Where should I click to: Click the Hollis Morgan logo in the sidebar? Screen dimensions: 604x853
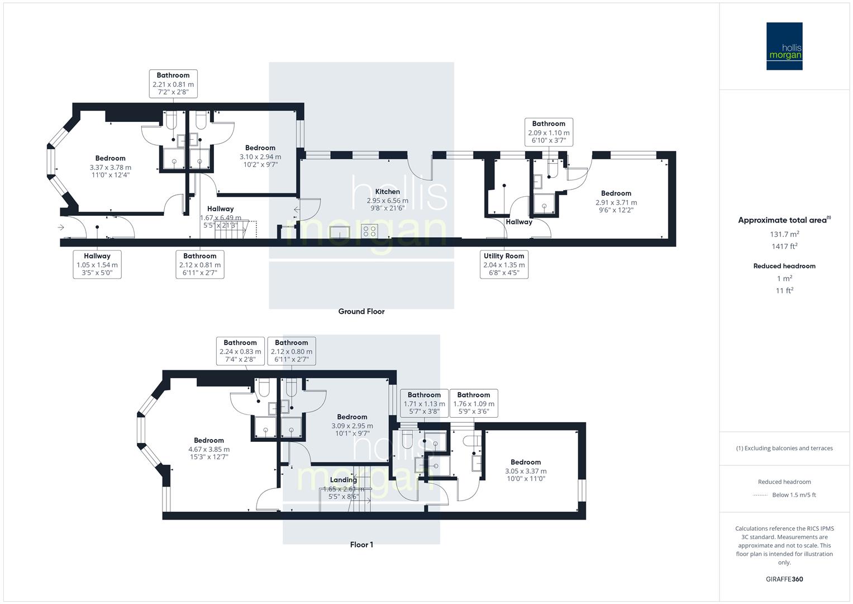coord(784,46)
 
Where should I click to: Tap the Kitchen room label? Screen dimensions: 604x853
coord(387,192)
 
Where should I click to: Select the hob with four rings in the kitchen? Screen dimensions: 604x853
coord(369,230)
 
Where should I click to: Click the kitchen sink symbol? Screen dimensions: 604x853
coord(340,232)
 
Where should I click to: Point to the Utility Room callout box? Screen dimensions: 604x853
coord(504,265)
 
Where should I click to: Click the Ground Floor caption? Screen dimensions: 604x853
coord(361,312)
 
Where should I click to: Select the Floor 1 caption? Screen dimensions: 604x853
coord(361,545)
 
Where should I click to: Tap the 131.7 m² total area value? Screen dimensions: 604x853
coord(784,234)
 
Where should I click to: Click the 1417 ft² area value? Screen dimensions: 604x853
coord(784,246)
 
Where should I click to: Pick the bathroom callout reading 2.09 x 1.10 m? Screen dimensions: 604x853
coord(549,133)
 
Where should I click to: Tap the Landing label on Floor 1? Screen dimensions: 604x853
coord(343,480)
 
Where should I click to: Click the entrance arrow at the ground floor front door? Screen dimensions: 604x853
coord(60,228)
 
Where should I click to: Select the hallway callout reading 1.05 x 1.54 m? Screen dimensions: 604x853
coord(97,265)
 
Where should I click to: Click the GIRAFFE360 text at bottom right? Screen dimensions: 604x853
coord(784,579)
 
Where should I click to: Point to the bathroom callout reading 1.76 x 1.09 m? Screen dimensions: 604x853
coord(473,403)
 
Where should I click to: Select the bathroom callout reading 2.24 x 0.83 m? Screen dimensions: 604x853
coord(240,351)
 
